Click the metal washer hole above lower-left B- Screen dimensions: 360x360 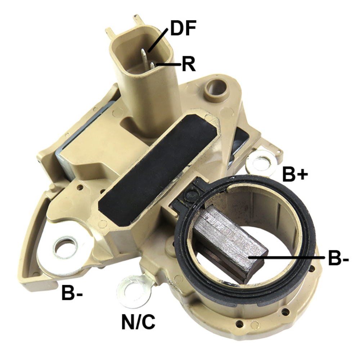point(65,249)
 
